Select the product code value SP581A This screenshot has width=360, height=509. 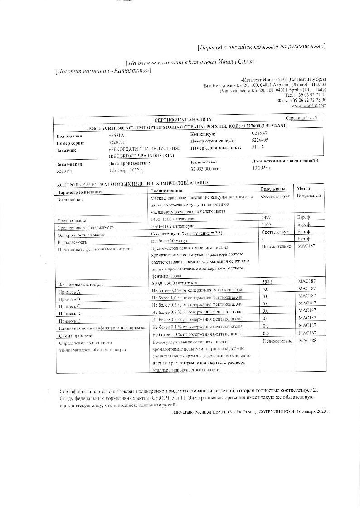tap(116, 136)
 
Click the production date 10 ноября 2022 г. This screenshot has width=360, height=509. tap(126, 170)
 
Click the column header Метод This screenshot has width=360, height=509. tap(304, 188)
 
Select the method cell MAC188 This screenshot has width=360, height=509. tap(307, 340)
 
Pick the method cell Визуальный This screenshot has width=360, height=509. tap(309, 196)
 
